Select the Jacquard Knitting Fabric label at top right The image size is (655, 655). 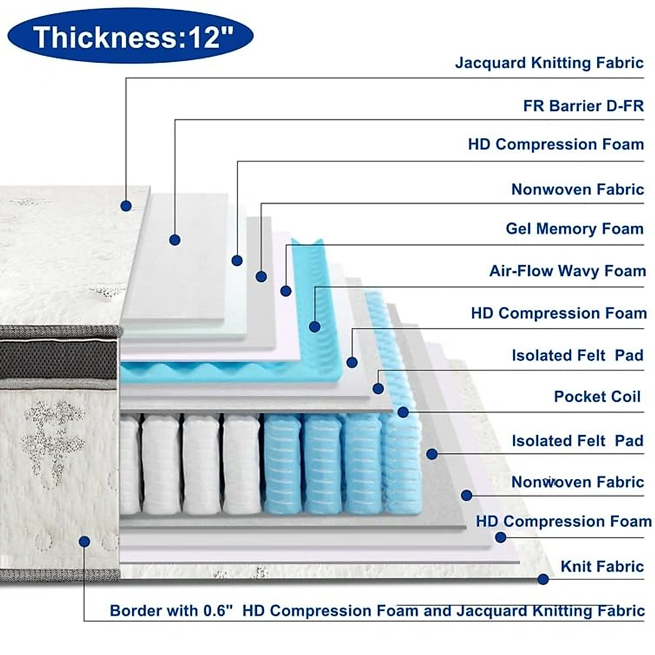(549, 63)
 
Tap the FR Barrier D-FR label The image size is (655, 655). (583, 105)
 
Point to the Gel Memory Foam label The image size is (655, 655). (574, 228)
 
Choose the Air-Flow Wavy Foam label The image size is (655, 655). (567, 271)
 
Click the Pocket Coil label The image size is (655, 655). (597, 396)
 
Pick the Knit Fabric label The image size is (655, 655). (602, 566)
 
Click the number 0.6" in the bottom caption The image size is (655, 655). (218, 610)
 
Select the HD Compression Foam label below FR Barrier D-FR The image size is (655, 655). (556, 144)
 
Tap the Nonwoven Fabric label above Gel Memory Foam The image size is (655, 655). (577, 189)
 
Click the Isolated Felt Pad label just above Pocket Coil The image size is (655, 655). (577, 355)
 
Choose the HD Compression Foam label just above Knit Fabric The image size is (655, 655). (563, 521)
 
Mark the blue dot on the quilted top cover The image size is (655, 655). (126, 206)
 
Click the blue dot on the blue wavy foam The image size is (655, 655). (314, 326)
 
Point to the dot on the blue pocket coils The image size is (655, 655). (403, 412)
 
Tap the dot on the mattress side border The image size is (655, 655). (84, 541)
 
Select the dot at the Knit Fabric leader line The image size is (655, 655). (543, 579)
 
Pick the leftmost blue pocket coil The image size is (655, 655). (282, 464)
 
